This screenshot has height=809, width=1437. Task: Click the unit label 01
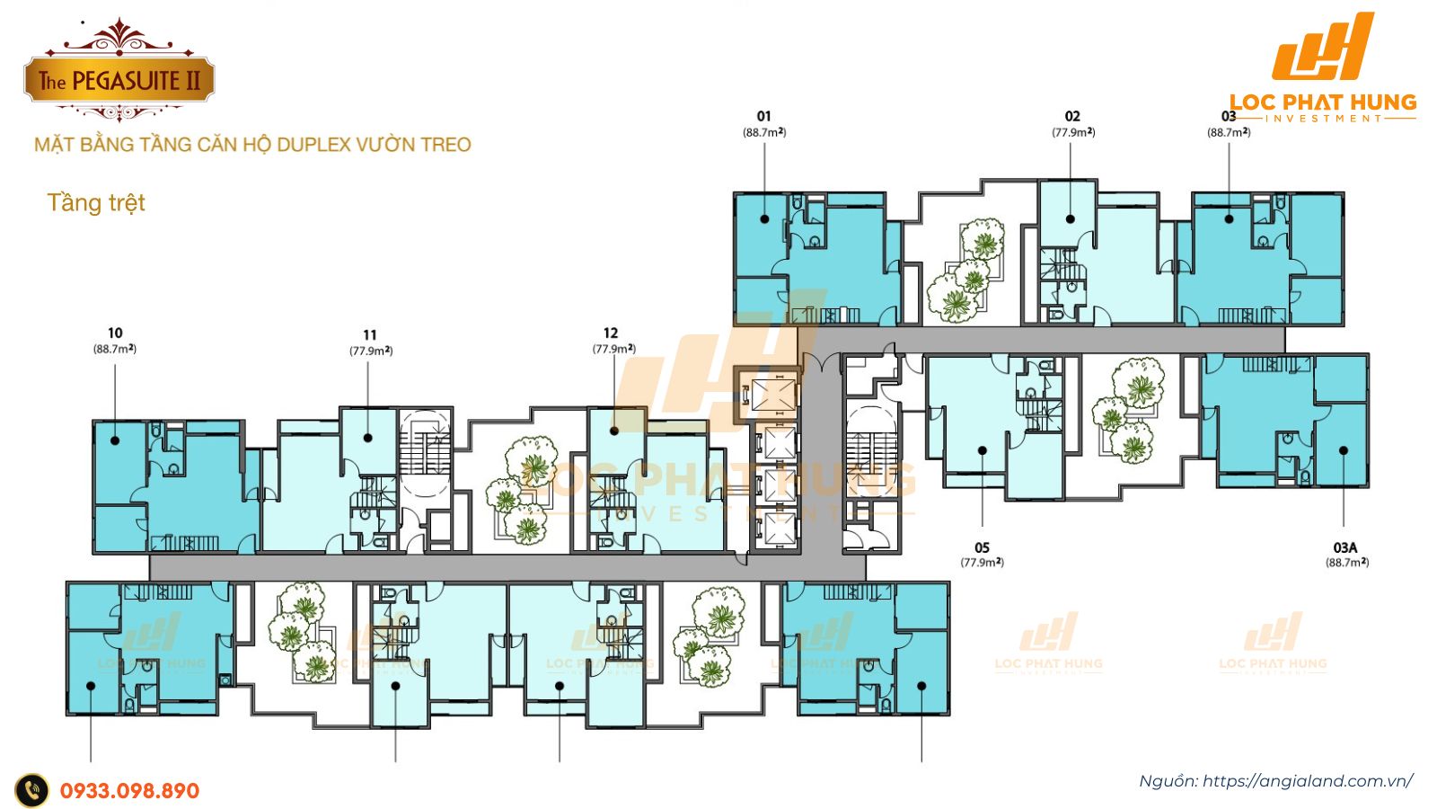pos(763,116)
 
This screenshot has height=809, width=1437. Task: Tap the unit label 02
pos(1072,116)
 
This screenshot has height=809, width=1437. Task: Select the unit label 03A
pos(1344,547)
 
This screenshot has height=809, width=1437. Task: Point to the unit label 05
pos(982,547)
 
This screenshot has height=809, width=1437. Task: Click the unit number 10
pos(115,333)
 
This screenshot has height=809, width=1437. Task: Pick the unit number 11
pos(370,335)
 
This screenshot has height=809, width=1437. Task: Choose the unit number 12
pos(611,333)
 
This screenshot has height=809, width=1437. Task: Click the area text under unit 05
pos(982,563)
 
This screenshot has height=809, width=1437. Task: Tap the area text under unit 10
pos(115,349)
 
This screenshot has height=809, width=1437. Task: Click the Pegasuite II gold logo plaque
pos(119,80)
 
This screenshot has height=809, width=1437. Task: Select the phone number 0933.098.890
pos(129,791)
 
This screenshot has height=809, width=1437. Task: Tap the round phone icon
pos(32,791)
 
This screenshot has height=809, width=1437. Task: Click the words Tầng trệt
pos(96,203)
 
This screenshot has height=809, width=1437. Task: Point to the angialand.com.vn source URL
pos(1307,781)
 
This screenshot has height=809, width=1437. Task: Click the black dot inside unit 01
pos(764,218)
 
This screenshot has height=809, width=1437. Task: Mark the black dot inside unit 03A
pos(1344,450)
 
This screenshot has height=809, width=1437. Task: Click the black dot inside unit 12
pos(614,431)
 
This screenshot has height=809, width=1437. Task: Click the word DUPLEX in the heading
pos(313,145)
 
